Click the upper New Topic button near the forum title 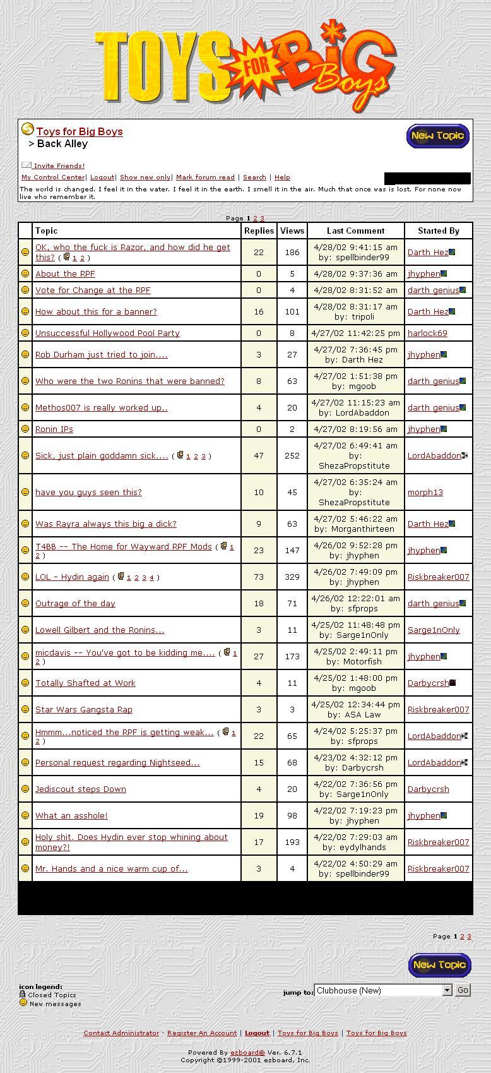[x=437, y=136]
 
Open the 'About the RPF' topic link [x=65, y=273]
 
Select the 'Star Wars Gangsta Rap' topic [x=84, y=709]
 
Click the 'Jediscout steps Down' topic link [x=81, y=789]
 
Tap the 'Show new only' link [x=145, y=177]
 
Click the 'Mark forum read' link [x=205, y=177]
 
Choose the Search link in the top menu [x=254, y=177]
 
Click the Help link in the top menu [x=282, y=177]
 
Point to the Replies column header [x=259, y=231]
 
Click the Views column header [x=292, y=231]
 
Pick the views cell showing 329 [x=292, y=577]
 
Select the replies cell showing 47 [x=259, y=455]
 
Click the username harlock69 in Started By [x=427, y=333]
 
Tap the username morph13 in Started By [x=425, y=492]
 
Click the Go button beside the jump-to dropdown [x=463, y=990]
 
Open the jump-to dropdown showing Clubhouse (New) [x=383, y=990]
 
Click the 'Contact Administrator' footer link [x=121, y=1033]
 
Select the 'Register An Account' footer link [x=202, y=1033]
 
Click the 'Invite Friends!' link [x=59, y=166]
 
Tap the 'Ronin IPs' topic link [x=54, y=429]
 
